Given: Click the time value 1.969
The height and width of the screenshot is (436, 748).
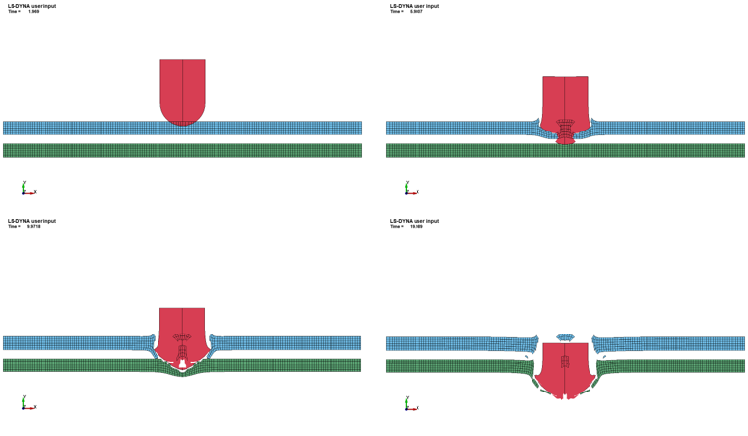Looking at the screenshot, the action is click(x=34, y=12).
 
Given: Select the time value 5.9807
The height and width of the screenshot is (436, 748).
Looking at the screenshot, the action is click(x=417, y=12).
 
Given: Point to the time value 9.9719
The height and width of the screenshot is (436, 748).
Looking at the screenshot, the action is click(x=34, y=227).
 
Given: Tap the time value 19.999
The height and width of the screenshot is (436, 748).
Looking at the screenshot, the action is click(x=417, y=227).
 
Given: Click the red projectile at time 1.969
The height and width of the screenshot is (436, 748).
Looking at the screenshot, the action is click(x=183, y=89).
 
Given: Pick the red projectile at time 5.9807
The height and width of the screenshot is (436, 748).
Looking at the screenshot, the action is click(x=565, y=102).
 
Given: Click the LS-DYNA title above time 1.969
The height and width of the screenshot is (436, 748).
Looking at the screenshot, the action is click(x=32, y=6).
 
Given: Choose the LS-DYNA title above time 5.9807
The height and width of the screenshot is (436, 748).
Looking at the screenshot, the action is click(x=415, y=6).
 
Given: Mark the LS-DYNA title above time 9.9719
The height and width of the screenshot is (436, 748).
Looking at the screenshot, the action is click(x=32, y=221).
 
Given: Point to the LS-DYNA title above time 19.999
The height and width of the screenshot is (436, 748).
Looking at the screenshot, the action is click(x=415, y=221).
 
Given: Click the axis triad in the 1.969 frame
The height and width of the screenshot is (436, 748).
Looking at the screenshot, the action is click(x=27, y=189).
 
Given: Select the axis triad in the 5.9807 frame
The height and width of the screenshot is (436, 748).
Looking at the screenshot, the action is click(x=410, y=189).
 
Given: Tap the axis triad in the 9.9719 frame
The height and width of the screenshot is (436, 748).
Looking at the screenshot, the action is click(x=27, y=404).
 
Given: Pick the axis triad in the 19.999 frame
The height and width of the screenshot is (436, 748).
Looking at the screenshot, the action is click(x=410, y=404).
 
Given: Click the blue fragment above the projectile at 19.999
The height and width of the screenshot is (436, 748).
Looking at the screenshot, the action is click(x=565, y=337).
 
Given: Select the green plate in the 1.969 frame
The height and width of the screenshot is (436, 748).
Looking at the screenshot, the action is click(x=97, y=151).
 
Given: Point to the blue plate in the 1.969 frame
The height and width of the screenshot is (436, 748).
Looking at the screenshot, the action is click(x=97, y=128).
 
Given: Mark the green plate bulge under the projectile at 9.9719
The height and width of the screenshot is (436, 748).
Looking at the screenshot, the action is click(x=183, y=371).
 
